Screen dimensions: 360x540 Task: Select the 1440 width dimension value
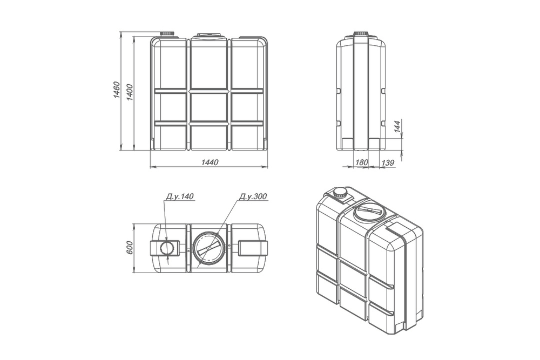pos(209,162)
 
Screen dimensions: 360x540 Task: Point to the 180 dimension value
pos(362,162)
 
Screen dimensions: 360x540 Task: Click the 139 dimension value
pos(387,162)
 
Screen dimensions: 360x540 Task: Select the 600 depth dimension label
pos(130,248)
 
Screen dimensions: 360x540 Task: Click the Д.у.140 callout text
pos(179,196)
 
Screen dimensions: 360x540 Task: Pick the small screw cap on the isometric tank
pos(340,192)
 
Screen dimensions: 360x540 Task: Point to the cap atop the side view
pos(361,35)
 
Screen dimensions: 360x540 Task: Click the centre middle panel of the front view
pos(209,107)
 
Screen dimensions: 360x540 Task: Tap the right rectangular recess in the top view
pos(252,248)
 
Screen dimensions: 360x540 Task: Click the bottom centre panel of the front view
pos(209,137)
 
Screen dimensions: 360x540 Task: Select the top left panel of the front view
pos(170,64)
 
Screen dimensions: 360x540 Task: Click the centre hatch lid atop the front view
pos(210,36)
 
